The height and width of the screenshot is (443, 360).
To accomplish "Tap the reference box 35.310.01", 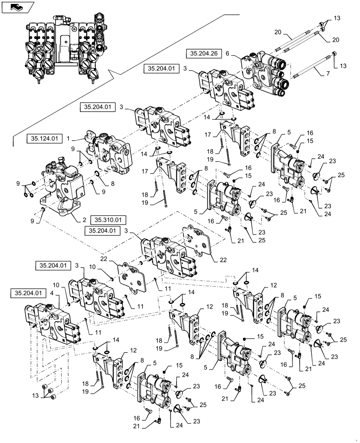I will pyautogui.click(x=108, y=219).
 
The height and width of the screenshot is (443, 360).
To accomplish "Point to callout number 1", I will pyautogui.click(x=69, y=139).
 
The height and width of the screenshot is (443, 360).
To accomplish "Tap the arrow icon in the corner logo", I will pyautogui.click(x=16, y=6).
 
